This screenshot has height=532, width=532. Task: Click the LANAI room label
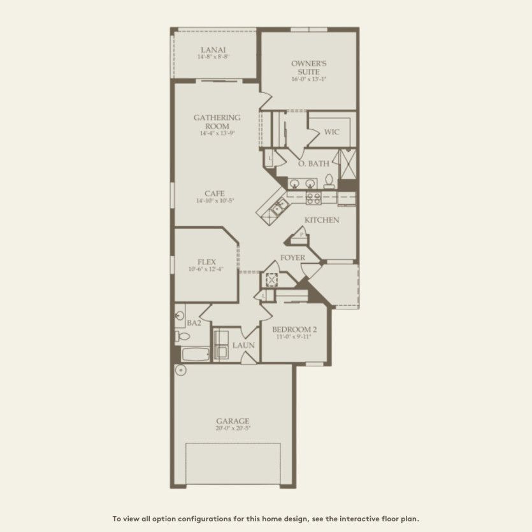click(213, 50)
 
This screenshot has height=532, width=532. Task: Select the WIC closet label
click(331, 133)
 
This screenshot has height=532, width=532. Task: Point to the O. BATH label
click(313, 164)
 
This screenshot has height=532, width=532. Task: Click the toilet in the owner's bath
click(329, 182)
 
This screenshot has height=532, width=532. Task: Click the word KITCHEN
click(321, 220)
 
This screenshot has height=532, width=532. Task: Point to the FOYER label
click(293, 258)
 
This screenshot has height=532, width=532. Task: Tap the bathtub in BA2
click(192, 354)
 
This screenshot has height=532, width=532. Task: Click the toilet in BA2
click(180, 336)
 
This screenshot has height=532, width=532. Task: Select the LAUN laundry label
click(243, 345)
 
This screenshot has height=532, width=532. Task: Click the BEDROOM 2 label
click(294, 329)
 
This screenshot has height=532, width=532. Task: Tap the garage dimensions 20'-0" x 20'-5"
click(233, 428)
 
